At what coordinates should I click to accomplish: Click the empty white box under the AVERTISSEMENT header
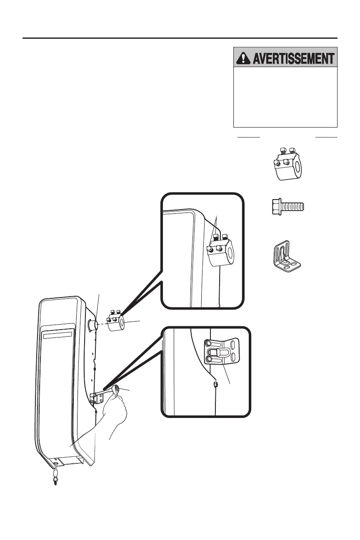pos(285,97)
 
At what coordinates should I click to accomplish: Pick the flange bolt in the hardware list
pos(286,205)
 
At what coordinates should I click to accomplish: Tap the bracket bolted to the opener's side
pos(98,398)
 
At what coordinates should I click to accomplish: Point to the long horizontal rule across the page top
pos(180,38)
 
